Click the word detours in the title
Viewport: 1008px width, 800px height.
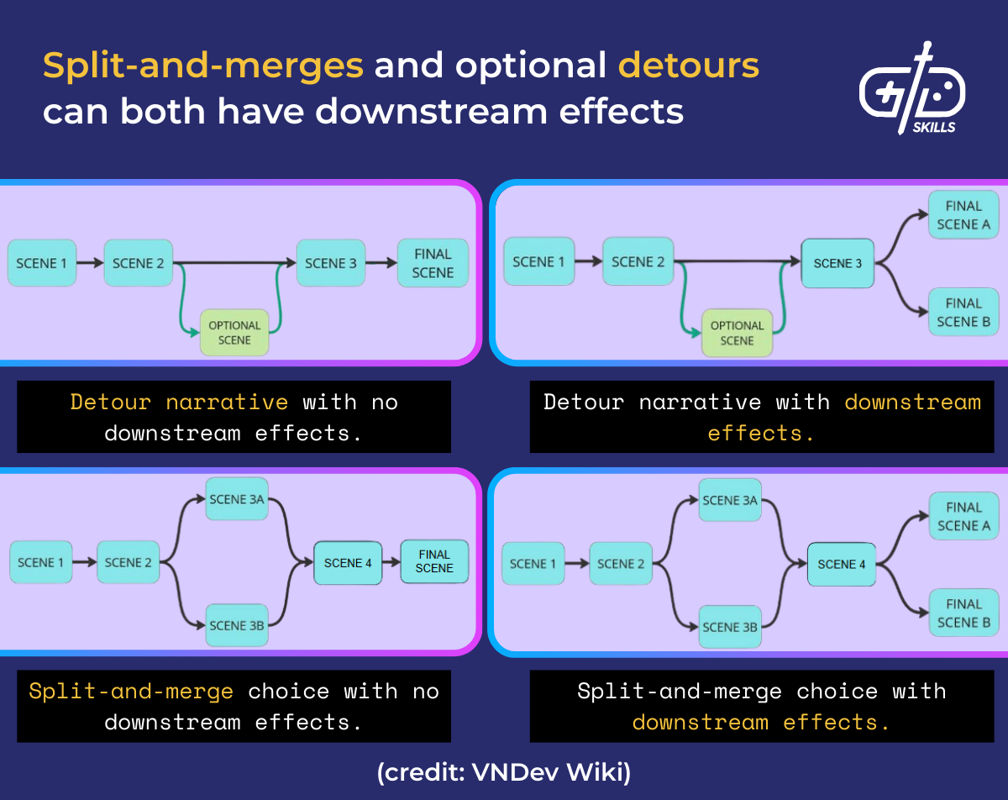pyautogui.click(x=689, y=65)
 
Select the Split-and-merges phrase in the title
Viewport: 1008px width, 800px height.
pyautogui.click(x=202, y=65)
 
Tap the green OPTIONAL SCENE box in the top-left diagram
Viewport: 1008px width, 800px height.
pyautogui.click(x=234, y=333)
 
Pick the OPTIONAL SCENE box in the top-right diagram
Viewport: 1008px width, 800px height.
pyautogui.click(x=737, y=333)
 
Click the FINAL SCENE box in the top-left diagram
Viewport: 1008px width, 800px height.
pyautogui.click(x=433, y=263)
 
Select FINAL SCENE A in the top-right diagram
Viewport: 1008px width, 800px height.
pyautogui.click(x=963, y=215)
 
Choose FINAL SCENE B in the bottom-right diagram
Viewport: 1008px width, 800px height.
pyautogui.click(x=963, y=613)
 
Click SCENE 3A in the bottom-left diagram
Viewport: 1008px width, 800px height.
pyautogui.click(x=236, y=499)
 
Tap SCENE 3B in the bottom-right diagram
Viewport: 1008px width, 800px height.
pyautogui.click(x=729, y=626)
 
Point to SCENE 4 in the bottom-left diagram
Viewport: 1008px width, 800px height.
pyautogui.click(x=348, y=563)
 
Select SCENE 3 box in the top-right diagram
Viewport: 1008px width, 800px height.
pyautogui.click(x=837, y=263)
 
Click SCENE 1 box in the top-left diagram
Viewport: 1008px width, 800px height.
pyautogui.click(x=42, y=263)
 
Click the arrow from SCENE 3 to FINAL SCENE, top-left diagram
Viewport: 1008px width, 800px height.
pyautogui.click(x=382, y=263)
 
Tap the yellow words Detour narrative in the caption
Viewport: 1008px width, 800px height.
pyautogui.click(x=179, y=402)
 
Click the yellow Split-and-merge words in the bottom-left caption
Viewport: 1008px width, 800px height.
pyautogui.click(x=131, y=691)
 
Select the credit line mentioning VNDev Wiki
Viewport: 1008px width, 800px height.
pyautogui.click(x=504, y=772)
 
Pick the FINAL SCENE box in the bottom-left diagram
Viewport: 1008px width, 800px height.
pyautogui.click(x=433, y=561)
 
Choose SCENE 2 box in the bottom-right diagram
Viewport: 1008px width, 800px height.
pyautogui.click(x=622, y=564)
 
